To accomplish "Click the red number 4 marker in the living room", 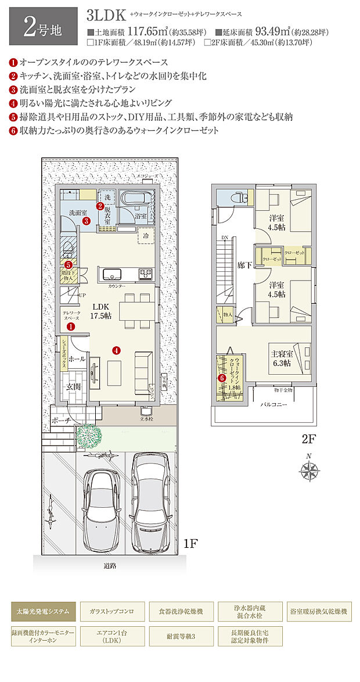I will click(x=117, y=350).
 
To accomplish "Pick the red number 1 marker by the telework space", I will click(x=70, y=327).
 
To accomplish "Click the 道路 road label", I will click(x=110, y=565).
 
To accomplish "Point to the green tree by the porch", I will click(x=87, y=435).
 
